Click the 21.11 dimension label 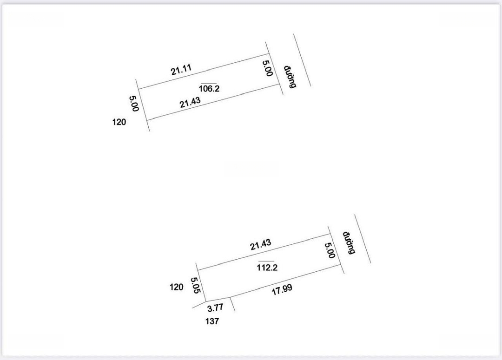[181, 69]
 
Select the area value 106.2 [209, 89]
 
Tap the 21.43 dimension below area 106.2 [190, 102]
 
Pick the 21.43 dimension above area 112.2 [261, 244]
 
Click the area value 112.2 [267, 267]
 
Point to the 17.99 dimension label [282, 290]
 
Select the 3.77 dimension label [216, 308]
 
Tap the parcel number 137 [212, 321]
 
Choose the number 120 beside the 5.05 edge [177, 287]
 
